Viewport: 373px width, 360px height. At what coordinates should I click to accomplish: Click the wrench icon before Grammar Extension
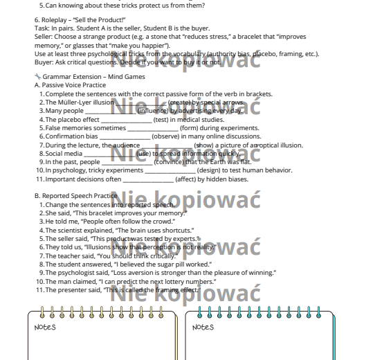point(37,77)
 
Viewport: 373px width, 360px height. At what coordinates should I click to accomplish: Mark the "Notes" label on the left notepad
point(45,326)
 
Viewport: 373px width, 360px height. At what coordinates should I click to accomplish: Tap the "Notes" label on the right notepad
point(203,326)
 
